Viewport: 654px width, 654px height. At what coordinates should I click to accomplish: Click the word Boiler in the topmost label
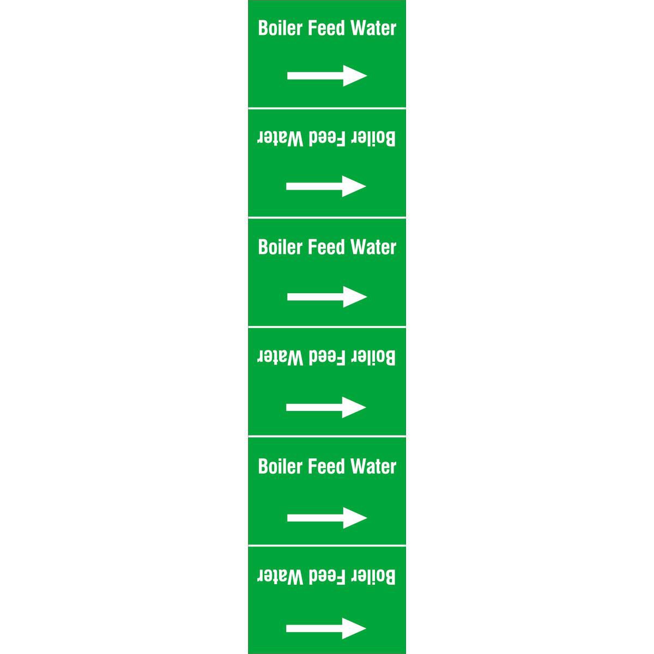280,28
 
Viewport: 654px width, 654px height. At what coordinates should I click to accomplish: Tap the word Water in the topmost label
373,28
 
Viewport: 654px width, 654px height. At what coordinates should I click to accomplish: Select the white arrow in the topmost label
327,76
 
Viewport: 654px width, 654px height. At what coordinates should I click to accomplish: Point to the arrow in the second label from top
326,186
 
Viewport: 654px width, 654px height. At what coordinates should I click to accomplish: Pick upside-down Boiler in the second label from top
374,138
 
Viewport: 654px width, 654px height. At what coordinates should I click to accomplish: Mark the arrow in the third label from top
327,296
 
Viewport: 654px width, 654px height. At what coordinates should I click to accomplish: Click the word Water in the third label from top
373,247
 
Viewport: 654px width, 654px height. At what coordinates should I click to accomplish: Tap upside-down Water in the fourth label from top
280,358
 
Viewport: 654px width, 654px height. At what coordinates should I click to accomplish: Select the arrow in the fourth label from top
326,407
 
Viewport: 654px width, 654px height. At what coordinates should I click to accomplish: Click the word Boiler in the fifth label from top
280,467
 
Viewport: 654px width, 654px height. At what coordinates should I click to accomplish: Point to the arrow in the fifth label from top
327,518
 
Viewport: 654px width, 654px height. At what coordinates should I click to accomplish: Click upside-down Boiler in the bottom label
374,577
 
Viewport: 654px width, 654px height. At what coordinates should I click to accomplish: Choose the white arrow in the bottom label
326,628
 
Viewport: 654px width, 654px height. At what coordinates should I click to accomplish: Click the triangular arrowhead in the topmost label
355,76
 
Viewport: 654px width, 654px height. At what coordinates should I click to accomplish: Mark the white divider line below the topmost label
327,108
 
